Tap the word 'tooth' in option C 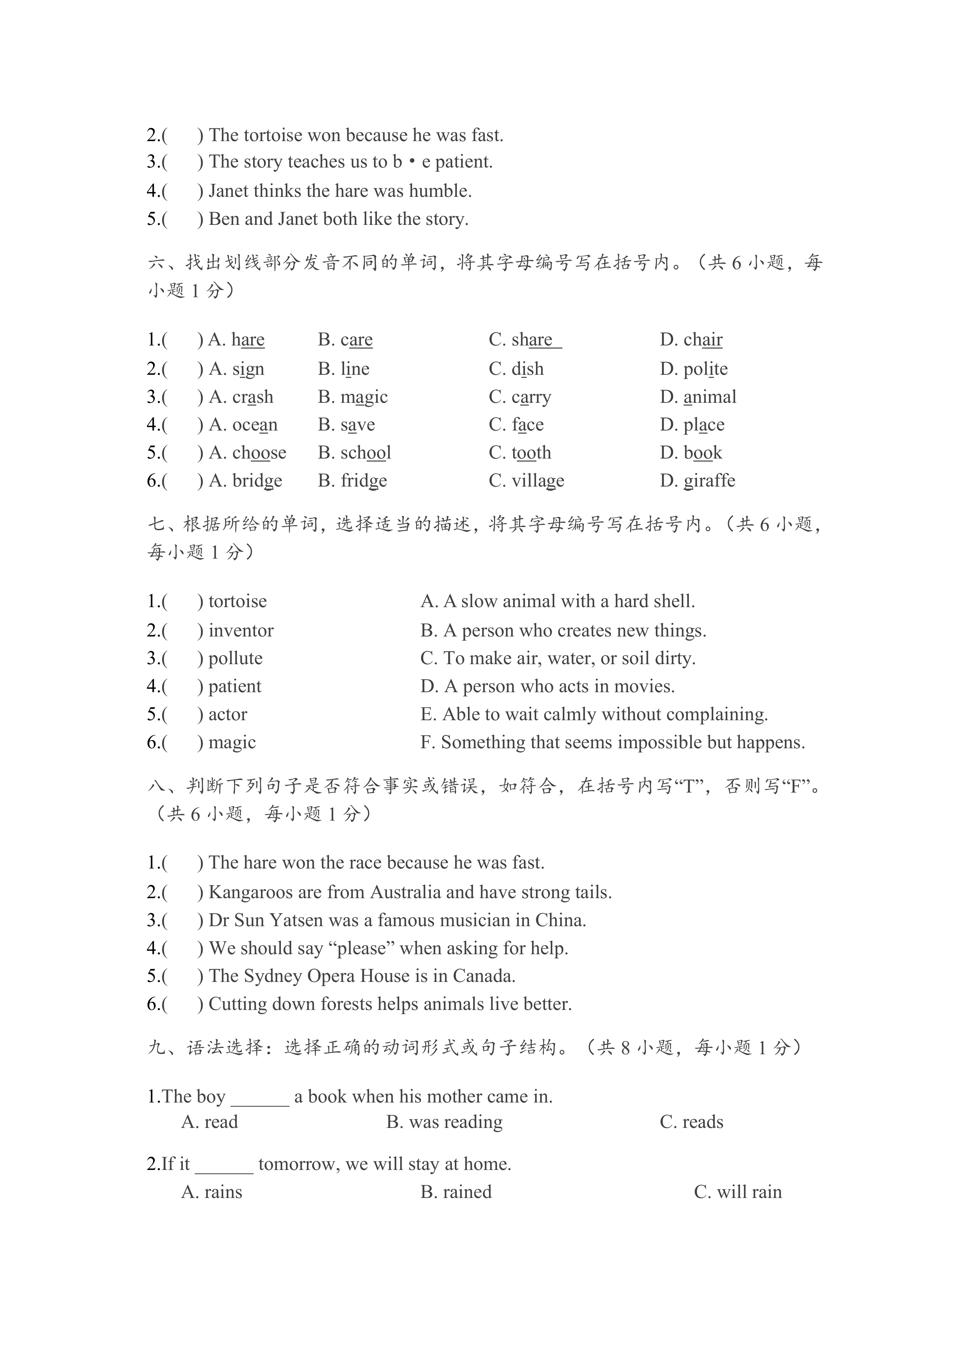click(x=531, y=453)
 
